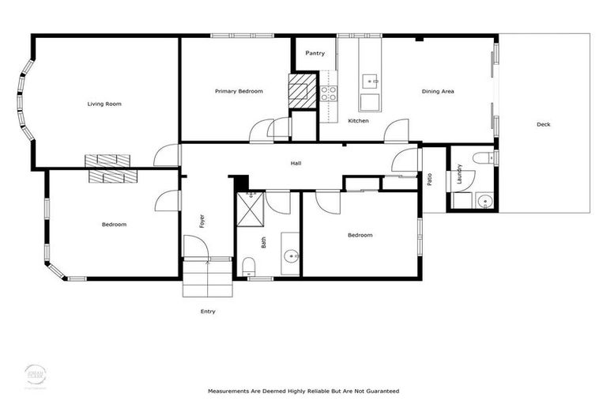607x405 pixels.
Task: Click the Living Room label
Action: coord(104,104)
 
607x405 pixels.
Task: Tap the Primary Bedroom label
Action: coord(239,91)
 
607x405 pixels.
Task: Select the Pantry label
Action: coord(315,53)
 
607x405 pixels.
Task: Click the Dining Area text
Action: coord(437,91)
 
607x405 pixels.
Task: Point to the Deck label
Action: coord(543,124)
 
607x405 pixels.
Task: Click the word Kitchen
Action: coord(358,120)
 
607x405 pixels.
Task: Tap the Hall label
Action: coord(296,163)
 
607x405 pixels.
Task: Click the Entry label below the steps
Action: coord(207,312)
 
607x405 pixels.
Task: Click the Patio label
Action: coord(429,180)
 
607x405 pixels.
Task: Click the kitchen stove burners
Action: coord(328,93)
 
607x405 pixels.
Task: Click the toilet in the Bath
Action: coord(249,264)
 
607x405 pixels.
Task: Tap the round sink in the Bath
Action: coord(291,255)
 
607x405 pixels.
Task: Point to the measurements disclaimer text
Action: coord(303,391)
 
